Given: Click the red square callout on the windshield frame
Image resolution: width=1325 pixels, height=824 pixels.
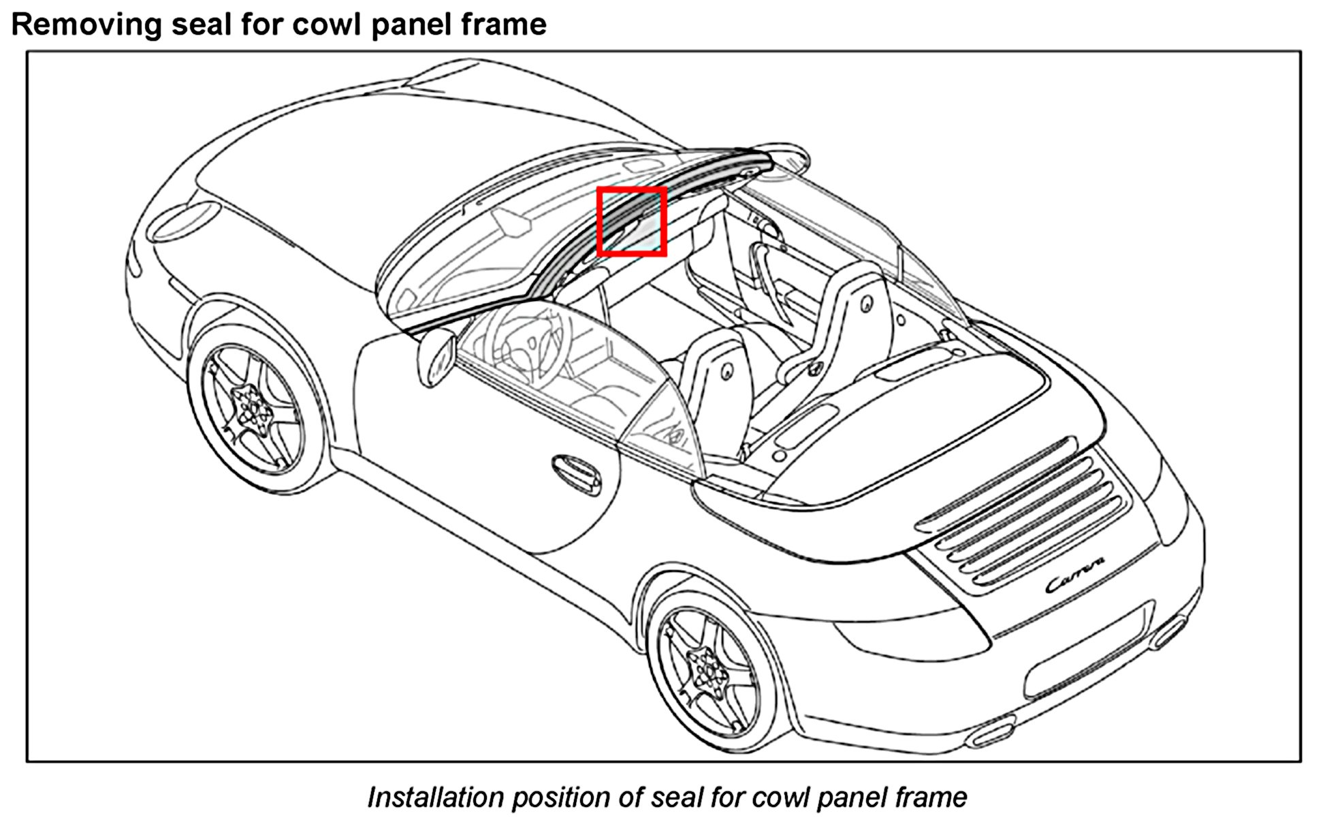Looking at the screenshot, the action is click(631, 221).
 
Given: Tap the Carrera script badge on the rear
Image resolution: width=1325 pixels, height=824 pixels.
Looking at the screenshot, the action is click(1074, 575).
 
